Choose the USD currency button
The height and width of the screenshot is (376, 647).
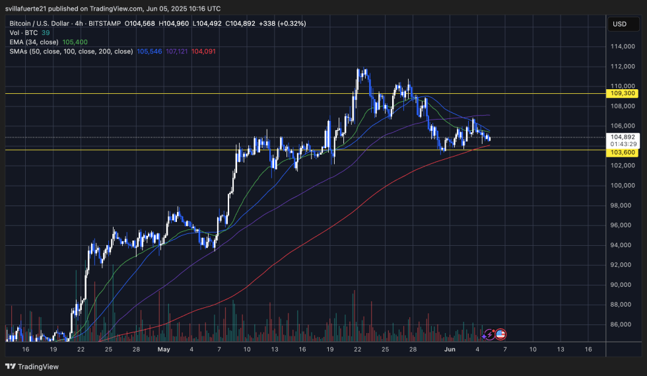(620, 24)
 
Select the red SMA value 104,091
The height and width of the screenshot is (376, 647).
(203, 51)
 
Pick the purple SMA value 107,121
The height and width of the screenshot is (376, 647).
(176, 51)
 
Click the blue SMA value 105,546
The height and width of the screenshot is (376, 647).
(149, 51)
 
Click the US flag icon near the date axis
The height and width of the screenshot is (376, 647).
(500, 335)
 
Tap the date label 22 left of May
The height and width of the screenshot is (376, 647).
(81, 349)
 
